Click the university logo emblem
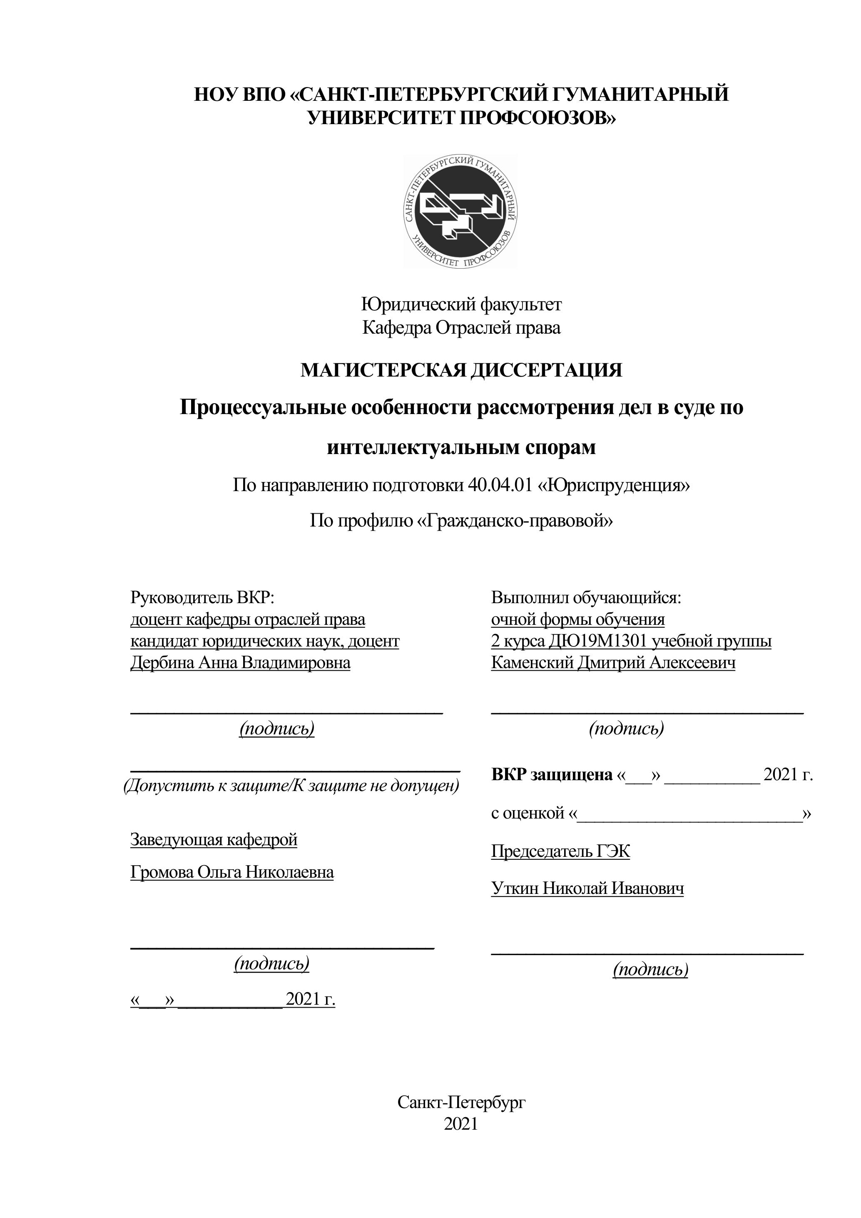460,211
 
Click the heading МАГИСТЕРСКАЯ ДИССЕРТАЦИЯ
461,370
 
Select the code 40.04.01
500,485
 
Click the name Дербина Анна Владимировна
240,663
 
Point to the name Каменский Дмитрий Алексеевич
613,663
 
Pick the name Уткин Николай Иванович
587,888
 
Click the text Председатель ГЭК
560,851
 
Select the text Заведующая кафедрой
214,839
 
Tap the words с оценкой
528,813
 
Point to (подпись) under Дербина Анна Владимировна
277,729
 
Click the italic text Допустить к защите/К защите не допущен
291,785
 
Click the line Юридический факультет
461,304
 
